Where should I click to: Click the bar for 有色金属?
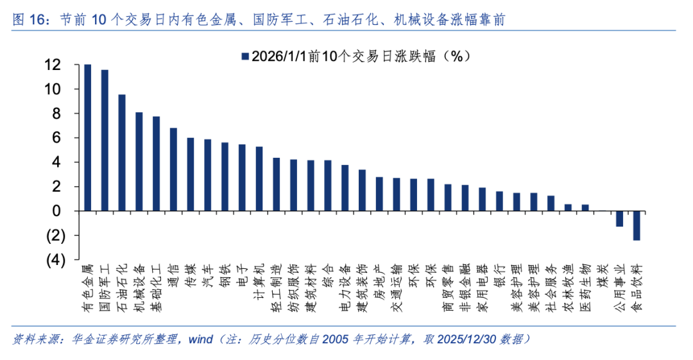[x=87, y=137]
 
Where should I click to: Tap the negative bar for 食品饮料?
[x=637, y=225]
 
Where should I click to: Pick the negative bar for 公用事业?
[x=619, y=218]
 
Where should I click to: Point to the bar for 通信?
[x=173, y=169]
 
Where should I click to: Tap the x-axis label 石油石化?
[x=122, y=287]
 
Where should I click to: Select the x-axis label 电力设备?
[x=345, y=287]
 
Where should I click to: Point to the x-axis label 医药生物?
[x=585, y=287]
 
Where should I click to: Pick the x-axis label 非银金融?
[x=465, y=287]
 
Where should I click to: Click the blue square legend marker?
[x=244, y=56]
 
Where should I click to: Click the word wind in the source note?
[x=200, y=339]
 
